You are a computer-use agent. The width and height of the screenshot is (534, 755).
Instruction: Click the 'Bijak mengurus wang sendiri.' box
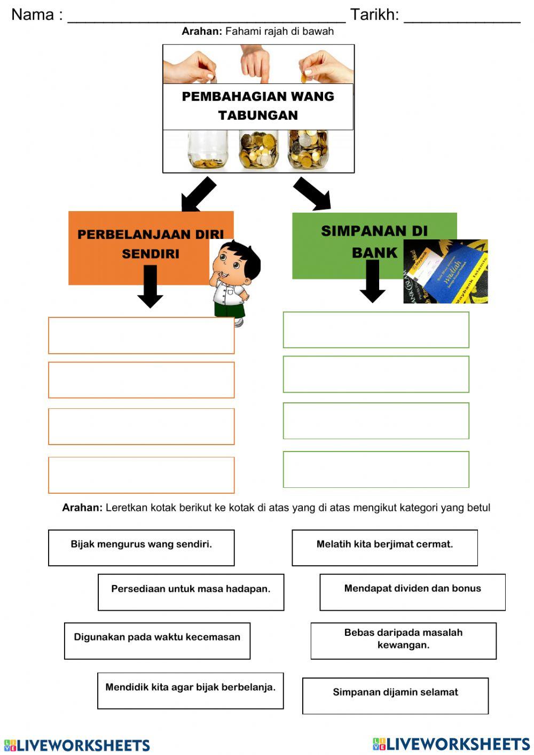[x=141, y=547]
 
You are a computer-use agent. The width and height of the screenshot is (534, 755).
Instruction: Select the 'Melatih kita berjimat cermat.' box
[x=384, y=547]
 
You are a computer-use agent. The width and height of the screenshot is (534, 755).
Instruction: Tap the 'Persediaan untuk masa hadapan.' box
[x=191, y=591]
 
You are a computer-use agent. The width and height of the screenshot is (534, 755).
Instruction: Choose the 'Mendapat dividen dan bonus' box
[x=412, y=591]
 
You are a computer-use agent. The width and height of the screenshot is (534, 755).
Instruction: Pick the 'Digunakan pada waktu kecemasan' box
[x=157, y=640]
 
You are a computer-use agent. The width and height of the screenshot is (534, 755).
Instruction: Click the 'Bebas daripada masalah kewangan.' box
[x=403, y=640]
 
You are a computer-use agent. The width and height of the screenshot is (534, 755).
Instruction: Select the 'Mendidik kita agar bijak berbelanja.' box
[x=190, y=690]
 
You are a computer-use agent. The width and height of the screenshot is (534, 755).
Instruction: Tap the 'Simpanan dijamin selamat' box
[x=395, y=695]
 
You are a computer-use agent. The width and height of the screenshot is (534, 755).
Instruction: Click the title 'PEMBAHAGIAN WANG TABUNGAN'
[x=258, y=106]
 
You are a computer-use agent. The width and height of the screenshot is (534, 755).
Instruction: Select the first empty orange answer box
[x=141, y=335]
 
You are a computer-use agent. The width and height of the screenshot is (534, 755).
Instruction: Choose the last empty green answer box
[x=376, y=469]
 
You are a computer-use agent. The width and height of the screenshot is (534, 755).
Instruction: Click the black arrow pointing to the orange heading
[x=198, y=194]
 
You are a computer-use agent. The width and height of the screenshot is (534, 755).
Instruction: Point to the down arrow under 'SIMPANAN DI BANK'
[x=372, y=281]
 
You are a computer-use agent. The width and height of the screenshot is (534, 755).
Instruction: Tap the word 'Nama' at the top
[x=32, y=14]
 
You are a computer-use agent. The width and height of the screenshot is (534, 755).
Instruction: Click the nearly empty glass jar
[x=207, y=150]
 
